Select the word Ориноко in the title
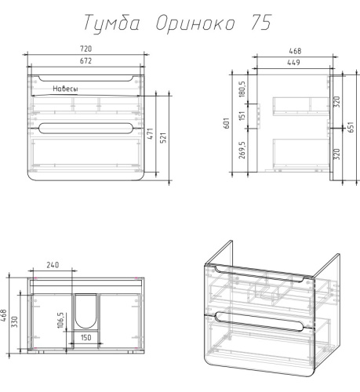pos(187,24)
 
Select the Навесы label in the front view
pos(66,89)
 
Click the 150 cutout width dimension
pos(85,338)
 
